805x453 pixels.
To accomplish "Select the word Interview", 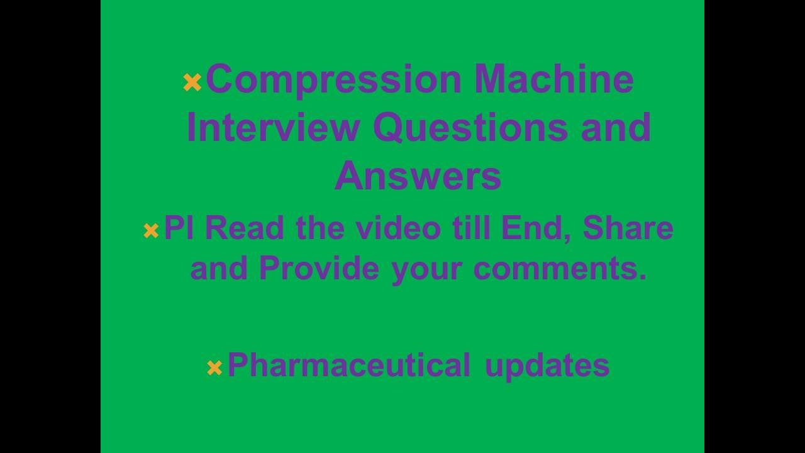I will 273,127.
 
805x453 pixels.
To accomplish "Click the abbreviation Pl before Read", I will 179,227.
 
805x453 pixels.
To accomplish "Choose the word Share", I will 628,227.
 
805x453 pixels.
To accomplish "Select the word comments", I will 560,269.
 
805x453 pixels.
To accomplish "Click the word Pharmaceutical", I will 348,365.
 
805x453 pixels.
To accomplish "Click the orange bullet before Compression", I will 192,82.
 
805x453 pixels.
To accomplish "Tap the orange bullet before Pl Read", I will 151,231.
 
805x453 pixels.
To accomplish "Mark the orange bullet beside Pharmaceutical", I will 214,368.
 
